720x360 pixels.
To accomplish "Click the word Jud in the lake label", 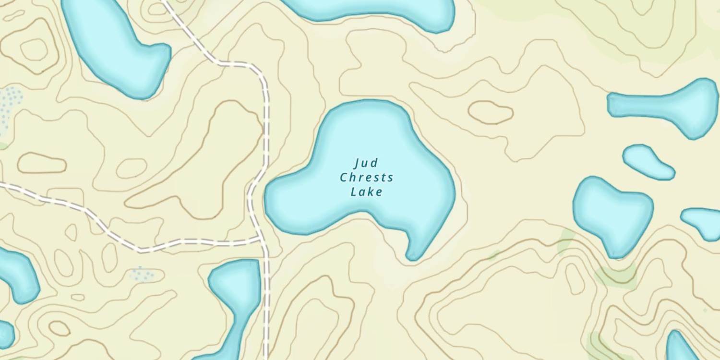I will [366, 163].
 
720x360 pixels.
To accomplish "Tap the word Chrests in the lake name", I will [367, 178].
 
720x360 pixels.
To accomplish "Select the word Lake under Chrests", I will [367, 192].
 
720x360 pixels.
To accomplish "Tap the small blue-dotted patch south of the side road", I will [142, 274].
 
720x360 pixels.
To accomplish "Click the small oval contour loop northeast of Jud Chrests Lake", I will [491, 112].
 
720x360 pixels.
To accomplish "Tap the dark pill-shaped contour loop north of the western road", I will [42, 163].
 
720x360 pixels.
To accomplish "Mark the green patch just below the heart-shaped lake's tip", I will [617, 274].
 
